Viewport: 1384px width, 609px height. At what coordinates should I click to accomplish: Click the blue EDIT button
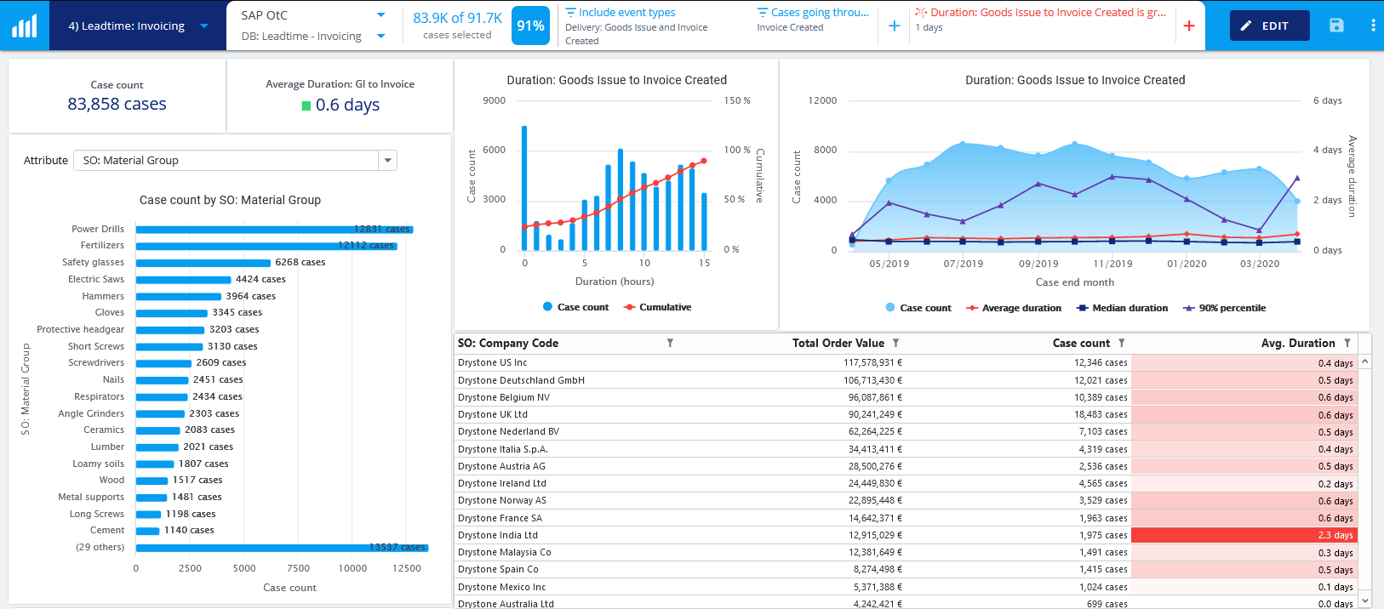pos(1265,26)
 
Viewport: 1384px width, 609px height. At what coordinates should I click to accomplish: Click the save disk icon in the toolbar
pos(1336,26)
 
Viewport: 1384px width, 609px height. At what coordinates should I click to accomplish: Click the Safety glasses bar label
pos(93,262)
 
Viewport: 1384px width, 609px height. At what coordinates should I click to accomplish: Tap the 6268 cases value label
pos(300,262)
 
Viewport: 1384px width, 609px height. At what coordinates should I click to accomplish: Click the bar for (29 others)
pos(281,548)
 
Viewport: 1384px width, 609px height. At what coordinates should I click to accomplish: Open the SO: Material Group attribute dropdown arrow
pos(388,160)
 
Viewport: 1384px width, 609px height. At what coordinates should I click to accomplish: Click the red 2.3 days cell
pos(1244,535)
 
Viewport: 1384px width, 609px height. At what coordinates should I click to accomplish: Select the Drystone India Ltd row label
pos(498,535)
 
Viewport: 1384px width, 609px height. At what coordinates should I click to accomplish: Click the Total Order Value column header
pos(838,343)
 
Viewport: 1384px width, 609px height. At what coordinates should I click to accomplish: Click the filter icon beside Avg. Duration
pos(1347,343)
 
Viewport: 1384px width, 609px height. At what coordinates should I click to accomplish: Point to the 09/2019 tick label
pos(1038,264)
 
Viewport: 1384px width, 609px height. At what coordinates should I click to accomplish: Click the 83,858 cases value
pos(117,104)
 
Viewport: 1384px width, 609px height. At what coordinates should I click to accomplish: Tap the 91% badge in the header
pos(530,26)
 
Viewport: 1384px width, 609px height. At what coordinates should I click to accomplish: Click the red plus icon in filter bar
pos(1189,26)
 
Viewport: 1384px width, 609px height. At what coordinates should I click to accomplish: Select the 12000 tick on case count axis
pos(822,100)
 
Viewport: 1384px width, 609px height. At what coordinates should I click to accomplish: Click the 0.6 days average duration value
pos(347,105)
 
